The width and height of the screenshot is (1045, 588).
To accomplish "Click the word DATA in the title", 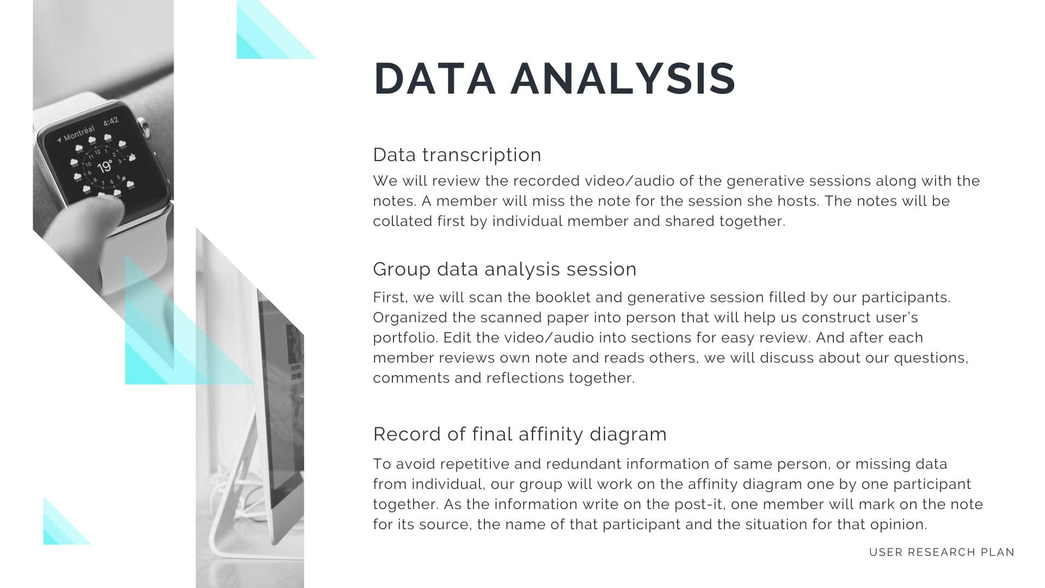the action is [x=434, y=78].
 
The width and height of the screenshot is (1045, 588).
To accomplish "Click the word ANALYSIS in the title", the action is [x=623, y=78].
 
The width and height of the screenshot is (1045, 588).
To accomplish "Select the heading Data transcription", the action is [x=457, y=155].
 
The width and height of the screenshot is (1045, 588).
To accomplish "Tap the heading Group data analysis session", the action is [x=505, y=269].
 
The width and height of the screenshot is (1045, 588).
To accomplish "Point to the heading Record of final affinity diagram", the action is [x=520, y=434].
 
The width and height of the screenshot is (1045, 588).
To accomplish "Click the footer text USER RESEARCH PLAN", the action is [x=942, y=552].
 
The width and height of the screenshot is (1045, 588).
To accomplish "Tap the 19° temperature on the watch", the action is [x=104, y=166].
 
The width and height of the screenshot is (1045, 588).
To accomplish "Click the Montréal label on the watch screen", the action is [x=78, y=133].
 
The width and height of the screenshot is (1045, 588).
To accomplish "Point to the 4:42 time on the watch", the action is [x=111, y=121].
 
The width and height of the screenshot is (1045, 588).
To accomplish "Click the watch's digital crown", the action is [x=144, y=127].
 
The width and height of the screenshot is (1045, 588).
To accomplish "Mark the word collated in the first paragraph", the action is [x=402, y=221].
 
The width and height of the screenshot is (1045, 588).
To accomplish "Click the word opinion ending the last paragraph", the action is [x=899, y=525].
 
